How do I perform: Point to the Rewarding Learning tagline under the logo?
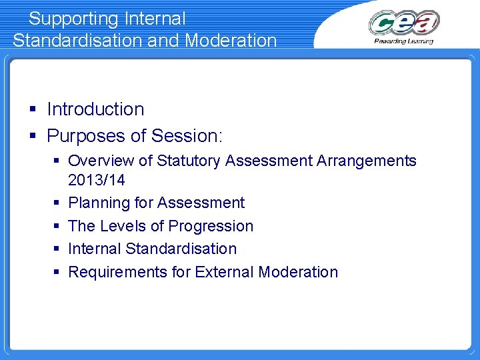403,41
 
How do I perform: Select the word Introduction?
95,109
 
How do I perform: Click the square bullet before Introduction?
33,109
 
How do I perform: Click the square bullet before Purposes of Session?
33,136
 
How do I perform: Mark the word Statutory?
192,161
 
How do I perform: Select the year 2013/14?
97,180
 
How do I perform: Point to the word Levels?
124,226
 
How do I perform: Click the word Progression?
211,226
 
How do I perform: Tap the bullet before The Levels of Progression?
57,226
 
